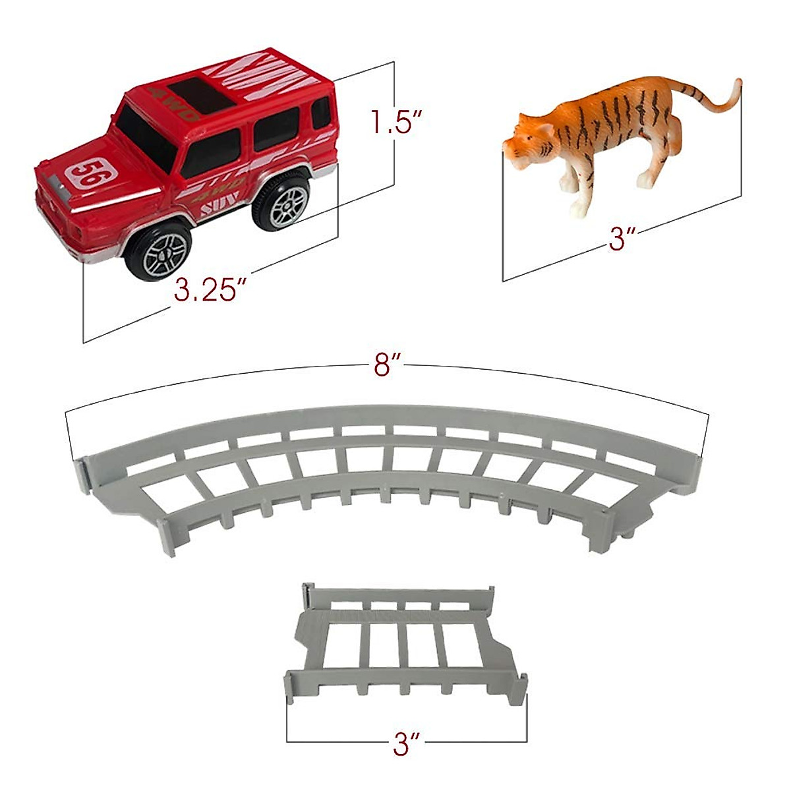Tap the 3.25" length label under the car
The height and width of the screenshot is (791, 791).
(x=205, y=289)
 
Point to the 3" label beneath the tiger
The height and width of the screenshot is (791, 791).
(x=618, y=239)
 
